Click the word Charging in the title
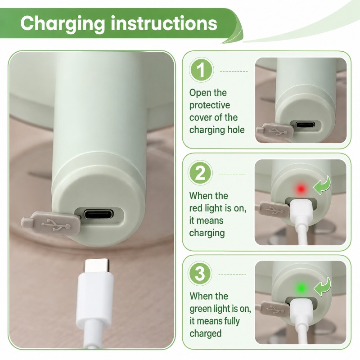(x=62, y=24)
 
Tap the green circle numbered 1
(x=201, y=70)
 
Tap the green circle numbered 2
(x=200, y=173)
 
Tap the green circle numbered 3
(x=200, y=273)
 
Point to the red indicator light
(x=301, y=189)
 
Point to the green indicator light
(x=301, y=288)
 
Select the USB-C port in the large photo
(x=99, y=214)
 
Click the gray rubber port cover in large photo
(x=51, y=224)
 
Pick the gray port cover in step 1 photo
(x=275, y=130)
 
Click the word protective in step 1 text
(x=210, y=105)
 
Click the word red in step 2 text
(x=196, y=208)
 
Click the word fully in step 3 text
(x=232, y=321)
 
